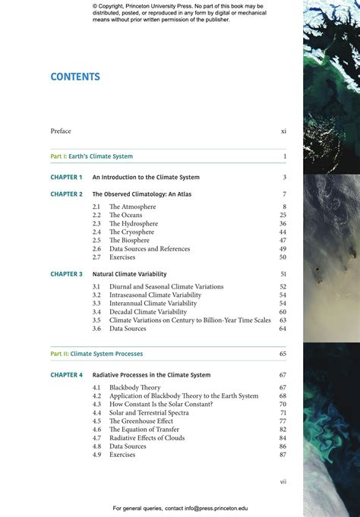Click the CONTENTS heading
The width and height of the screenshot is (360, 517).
pos(75,77)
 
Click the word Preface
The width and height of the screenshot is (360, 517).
pos(61,131)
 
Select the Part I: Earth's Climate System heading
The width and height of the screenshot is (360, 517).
pos(91,156)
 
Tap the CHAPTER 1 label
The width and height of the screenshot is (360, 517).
pos(66,178)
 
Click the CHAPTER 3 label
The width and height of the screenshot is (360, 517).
pos(66,274)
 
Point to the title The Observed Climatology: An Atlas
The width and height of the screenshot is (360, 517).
pos(141,194)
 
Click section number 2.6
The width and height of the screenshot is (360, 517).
pos(96,249)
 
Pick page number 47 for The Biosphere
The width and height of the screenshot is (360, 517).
pos(283,241)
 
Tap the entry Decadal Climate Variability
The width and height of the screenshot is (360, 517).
pos(148,312)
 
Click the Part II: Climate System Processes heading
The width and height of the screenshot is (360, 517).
pos(96,354)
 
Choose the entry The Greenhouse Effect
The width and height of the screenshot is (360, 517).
pos(141,421)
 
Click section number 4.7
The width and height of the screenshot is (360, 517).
pos(96,438)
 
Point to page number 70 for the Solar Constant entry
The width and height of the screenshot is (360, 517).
pos(283,405)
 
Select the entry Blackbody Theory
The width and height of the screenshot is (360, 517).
pos(135,388)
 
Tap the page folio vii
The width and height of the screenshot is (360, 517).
pos(283,481)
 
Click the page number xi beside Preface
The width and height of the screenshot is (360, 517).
pos(283,131)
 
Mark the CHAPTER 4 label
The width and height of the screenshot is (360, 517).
pos(66,375)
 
